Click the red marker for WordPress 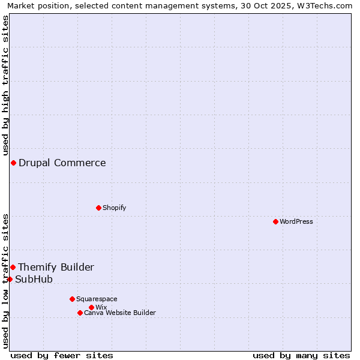point(275,222)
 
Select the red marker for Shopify point(99,208)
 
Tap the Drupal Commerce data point point(13,163)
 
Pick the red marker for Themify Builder point(13,268)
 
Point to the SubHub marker point(10,280)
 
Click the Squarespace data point point(72,299)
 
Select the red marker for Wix point(91,308)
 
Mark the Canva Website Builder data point point(80,313)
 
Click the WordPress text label point(296,222)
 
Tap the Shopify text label point(115,208)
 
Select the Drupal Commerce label point(62,163)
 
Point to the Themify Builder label point(56,268)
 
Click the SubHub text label point(34,280)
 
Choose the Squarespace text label point(97,299)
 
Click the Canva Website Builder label point(120,313)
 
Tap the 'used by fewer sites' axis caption point(62,355)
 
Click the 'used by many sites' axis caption point(301,355)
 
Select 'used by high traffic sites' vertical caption point(5,85)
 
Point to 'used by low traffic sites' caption point(5,281)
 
